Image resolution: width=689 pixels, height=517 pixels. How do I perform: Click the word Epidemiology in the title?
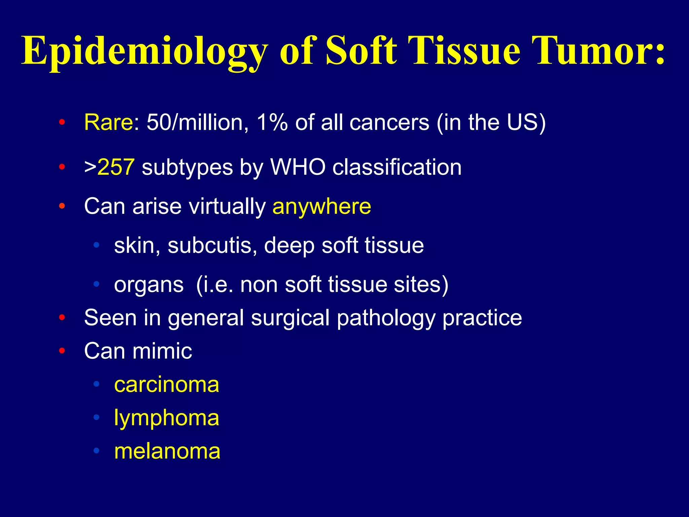tap(145, 51)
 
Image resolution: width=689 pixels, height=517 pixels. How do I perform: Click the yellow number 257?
tap(116, 167)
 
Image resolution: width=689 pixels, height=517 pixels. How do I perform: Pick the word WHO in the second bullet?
tap(298, 167)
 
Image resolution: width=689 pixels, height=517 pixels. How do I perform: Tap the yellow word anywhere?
tap(322, 206)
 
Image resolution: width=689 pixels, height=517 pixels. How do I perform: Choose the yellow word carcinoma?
tap(167, 385)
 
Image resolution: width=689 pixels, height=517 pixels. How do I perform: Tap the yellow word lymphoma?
tap(167, 418)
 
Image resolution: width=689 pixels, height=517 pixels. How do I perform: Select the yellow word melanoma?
tap(167, 451)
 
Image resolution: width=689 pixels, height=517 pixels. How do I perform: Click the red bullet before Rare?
tap(62, 123)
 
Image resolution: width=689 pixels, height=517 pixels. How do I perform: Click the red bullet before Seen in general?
tap(62, 317)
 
